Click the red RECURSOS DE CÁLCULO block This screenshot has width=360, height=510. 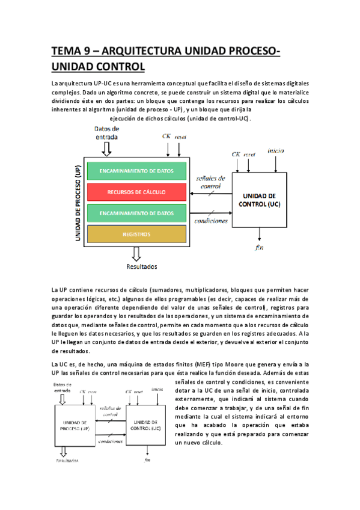pyautogui.click(x=136, y=192)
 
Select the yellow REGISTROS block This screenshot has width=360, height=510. pyautogui.click(x=136, y=234)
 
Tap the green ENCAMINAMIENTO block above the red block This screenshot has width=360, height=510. pyautogui.click(x=136, y=171)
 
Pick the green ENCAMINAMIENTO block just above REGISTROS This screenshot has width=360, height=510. pyautogui.click(x=136, y=213)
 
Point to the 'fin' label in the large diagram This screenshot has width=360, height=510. pyautogui.click(x=259, y=247)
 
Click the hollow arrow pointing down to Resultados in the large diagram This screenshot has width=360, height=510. pyautogui.click(x=136, y=253)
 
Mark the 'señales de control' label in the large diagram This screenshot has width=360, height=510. pyautogui.click(x=211, y=182)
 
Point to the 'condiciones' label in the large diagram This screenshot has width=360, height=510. pyautogui.click(x=211, y=221)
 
